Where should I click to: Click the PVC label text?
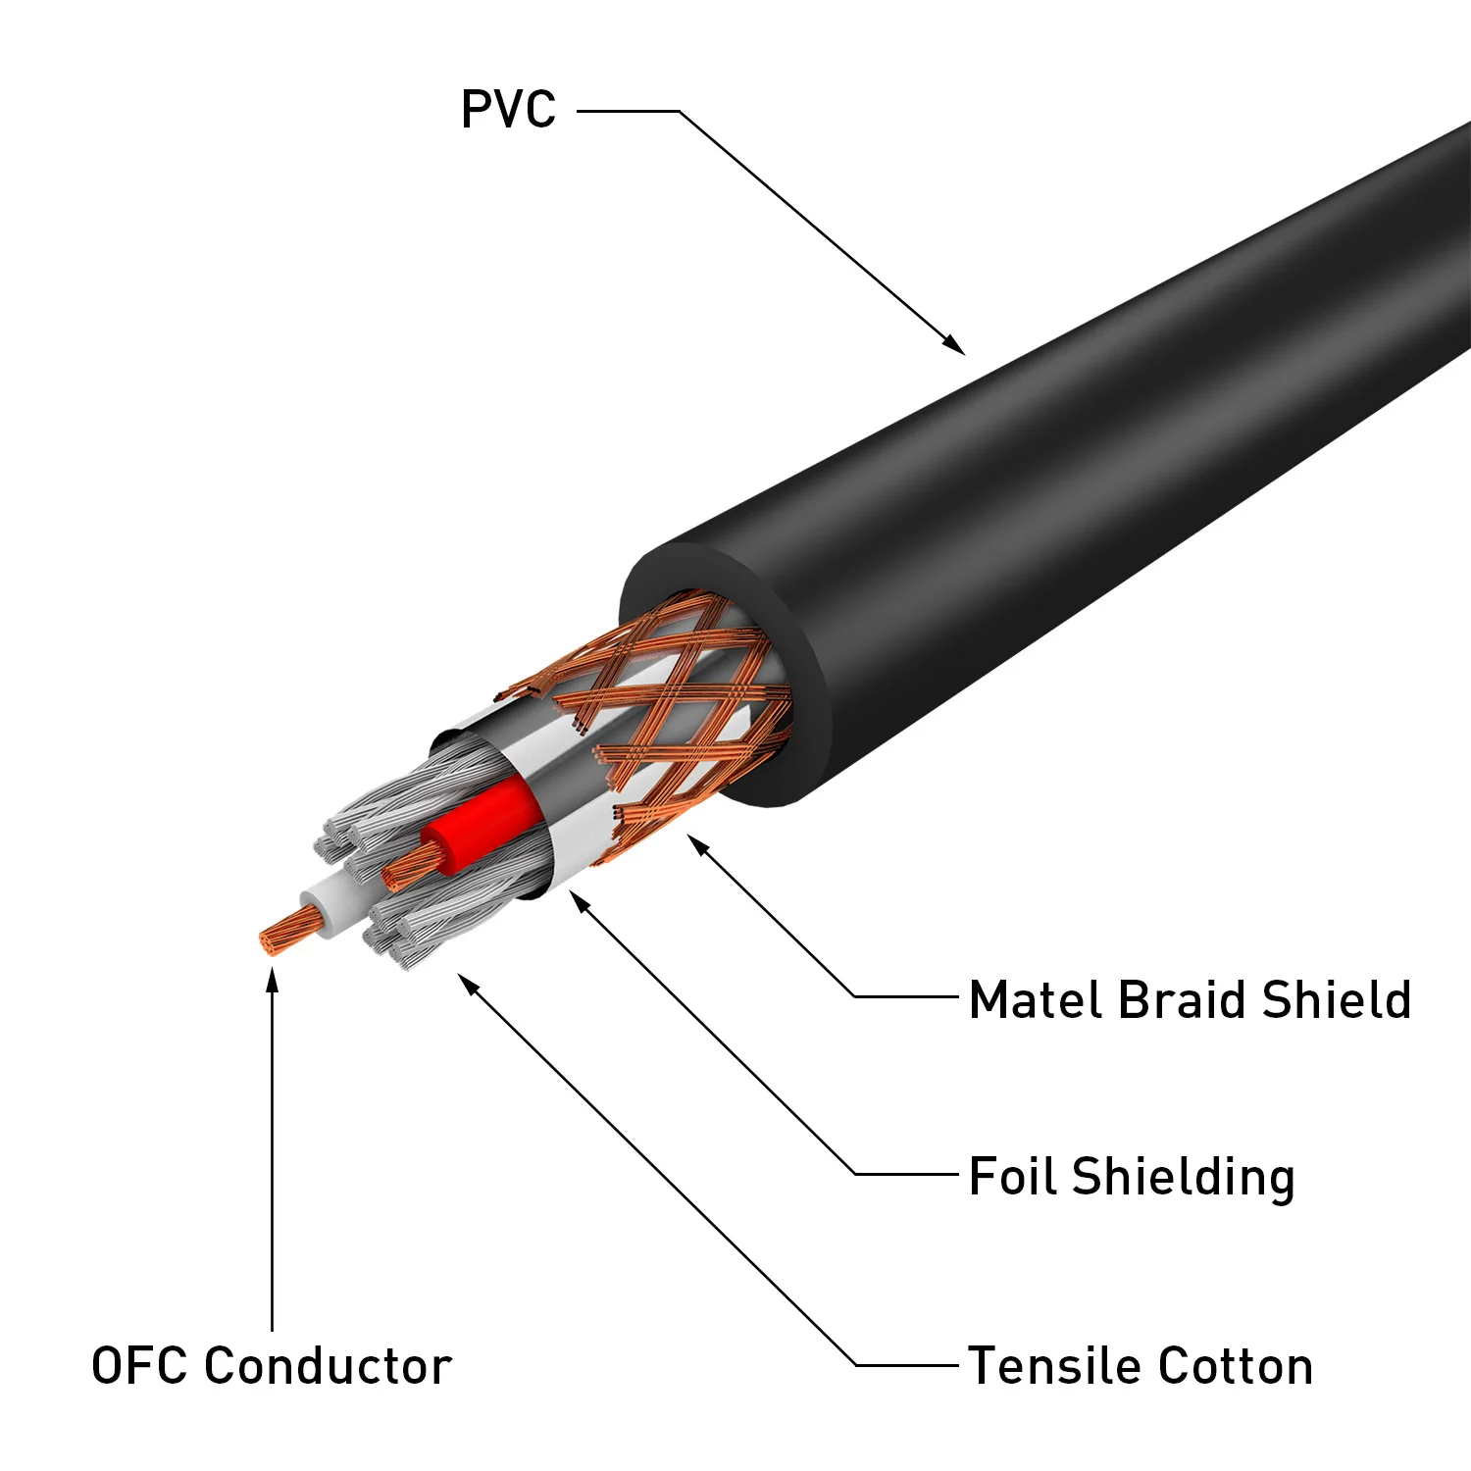click(x=508, y=109)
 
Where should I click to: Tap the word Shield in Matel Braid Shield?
click(x=1336, y=1000)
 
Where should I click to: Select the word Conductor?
click(x=329, y=1365)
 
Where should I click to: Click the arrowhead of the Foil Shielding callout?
click(x=579, y=899)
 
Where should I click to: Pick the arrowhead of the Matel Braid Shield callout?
click(x=696, y=842)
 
